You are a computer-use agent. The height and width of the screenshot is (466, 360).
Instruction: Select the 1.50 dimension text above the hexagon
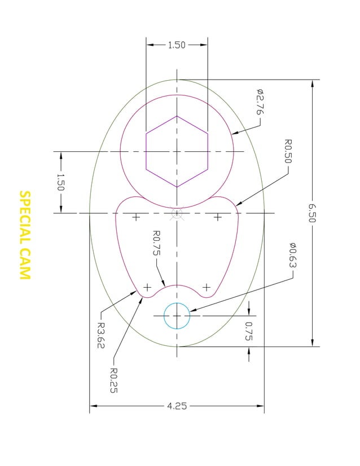177,45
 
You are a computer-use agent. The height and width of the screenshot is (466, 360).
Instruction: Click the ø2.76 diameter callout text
260,102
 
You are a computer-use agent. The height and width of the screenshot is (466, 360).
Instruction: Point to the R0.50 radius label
287,151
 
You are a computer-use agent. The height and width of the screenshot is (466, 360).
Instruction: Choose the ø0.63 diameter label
293,256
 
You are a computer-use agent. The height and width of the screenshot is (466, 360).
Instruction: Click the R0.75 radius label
157,243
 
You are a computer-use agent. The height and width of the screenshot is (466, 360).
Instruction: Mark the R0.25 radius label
113,380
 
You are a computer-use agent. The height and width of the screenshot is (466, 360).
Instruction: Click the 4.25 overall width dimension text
177,406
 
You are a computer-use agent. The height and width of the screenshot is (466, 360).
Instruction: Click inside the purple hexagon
177,151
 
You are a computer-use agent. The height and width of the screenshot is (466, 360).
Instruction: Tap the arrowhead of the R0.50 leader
238,204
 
